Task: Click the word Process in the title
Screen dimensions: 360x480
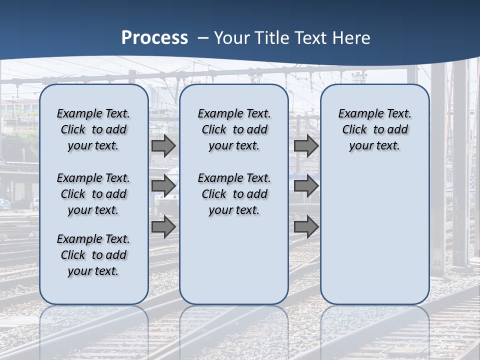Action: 154,38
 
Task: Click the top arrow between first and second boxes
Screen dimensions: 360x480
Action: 163,146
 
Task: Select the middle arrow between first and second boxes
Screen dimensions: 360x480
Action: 163,186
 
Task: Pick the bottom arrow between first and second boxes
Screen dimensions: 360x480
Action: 163,226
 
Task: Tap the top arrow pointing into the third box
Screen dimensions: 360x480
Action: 306,146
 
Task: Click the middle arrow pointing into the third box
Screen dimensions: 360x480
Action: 306,186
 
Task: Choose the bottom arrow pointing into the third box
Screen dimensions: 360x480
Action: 306,226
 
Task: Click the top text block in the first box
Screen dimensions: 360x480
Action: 93,129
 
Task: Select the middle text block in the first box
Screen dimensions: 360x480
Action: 93,194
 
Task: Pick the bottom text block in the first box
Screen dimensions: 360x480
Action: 93,255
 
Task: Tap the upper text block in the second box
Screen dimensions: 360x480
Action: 234,129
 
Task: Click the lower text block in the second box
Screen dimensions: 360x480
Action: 234,194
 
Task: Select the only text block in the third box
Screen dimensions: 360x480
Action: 374,129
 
